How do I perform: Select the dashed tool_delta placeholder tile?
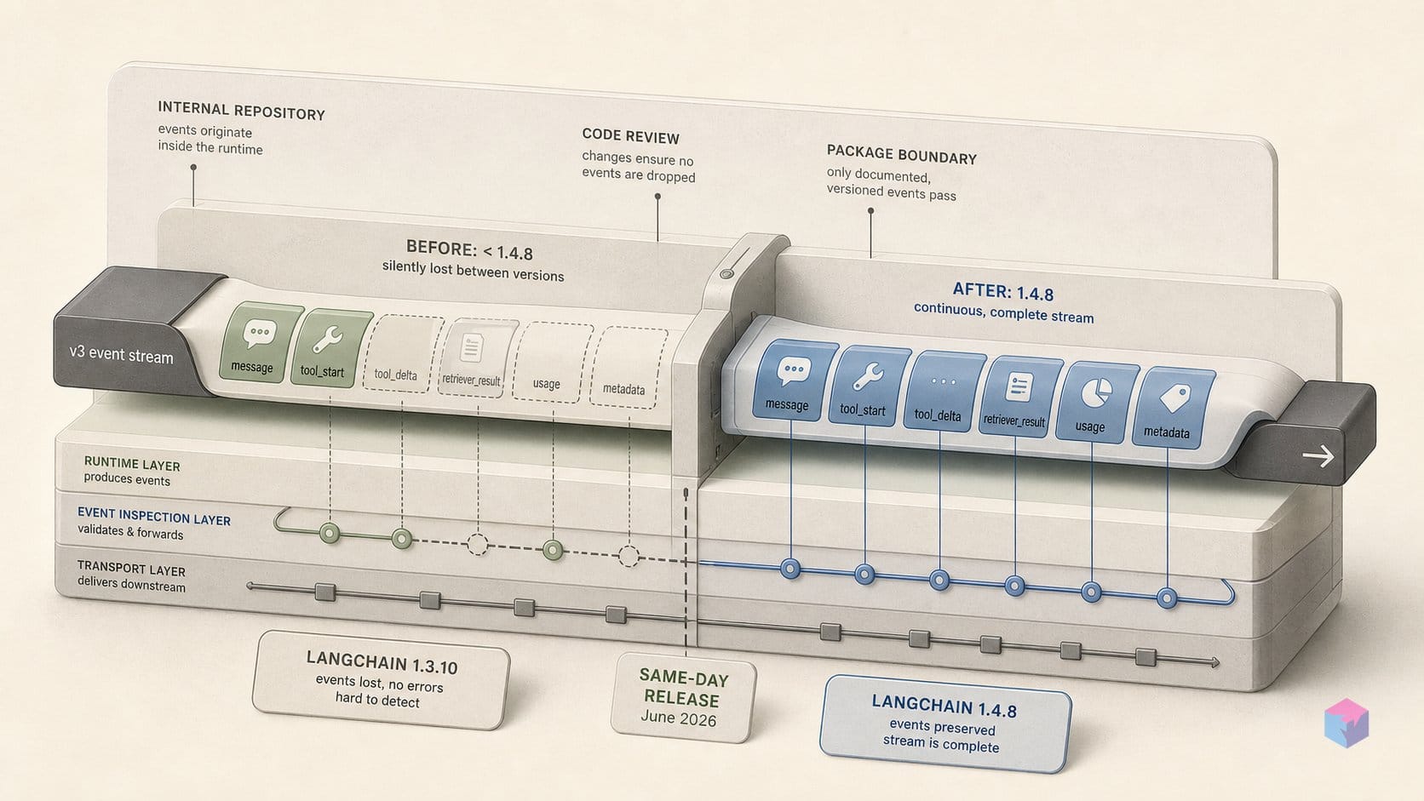pyautogui.click(x=403, y=353)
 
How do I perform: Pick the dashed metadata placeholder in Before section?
pyautogui.click(x=628, y=367)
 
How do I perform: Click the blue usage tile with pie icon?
pyautogui.click(x=1097, y=402)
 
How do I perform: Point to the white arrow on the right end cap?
pyautogui.click(x=1318, y=456)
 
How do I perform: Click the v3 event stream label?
pyautogui.click(x=122, y=354)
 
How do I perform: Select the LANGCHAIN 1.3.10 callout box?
pyautogui.click(x=381, y=679)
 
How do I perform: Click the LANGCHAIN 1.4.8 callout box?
pyautogui.click(x=945, y=724)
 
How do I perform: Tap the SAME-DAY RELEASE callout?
pyautogui.click(x=683, y=698)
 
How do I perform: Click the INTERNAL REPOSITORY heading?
pyautogui.click(x=242, y=111)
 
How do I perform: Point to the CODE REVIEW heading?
pyautogui.click(x=630, y=136)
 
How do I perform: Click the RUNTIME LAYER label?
pyautogui.click(x=132, y=464)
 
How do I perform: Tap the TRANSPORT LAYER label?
pyautogui.click(x=131, y=569)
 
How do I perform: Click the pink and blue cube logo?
pyautogui.click(x=1346, y=723)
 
